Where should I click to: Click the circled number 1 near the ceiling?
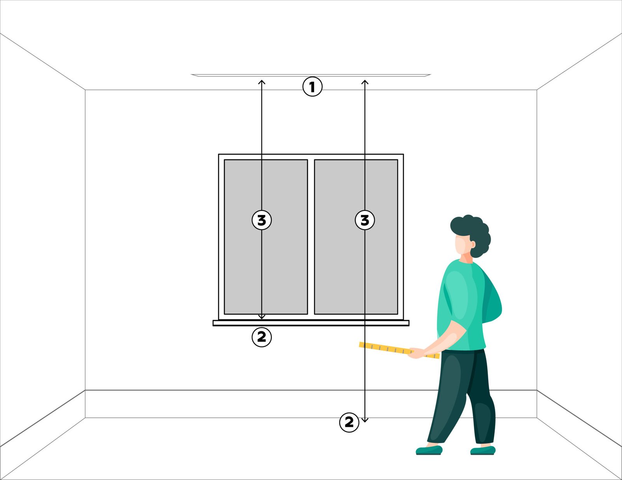pyautogui.click(x=312, y=86)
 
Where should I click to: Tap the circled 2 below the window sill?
pyautogui.click(x=262, y=337)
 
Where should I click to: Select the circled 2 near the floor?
pyautogui.click(x=349, y=422)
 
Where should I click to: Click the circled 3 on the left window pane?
pyautogui.click(x=262, y=220)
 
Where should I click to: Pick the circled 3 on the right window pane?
pyautogui.click(x=365, y=220)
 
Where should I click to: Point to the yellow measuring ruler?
pyautogui.click(x=399, y=350)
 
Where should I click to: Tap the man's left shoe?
pyautogui.click(x=429, y=450)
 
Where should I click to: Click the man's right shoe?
pyautogui.click(x=482, y=450)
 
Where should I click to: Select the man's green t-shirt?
pyautogui.click(x=466, y=303)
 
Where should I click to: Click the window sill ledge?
pyautogui.click(x=311, y=323)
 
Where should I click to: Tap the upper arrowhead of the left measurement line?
pyautogui.click(x=262, y=82)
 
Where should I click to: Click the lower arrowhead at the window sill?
pyautogui.click(x=262, y=317)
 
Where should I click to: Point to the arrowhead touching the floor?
pyautogui.click(x=365, y=420)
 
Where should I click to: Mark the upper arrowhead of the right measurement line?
pyautogui.click(x=365, y=82)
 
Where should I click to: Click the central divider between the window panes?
pyautogui.click(x=311, y=237)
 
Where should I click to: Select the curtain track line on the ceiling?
pyautogui.click(x=311, y=75)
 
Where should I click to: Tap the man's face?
pyautogui.click(x=462, y=244)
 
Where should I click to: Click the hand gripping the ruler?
pyautogui.click(x=416, y=353)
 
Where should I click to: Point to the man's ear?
pyautogui.click(x=473, y=244)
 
